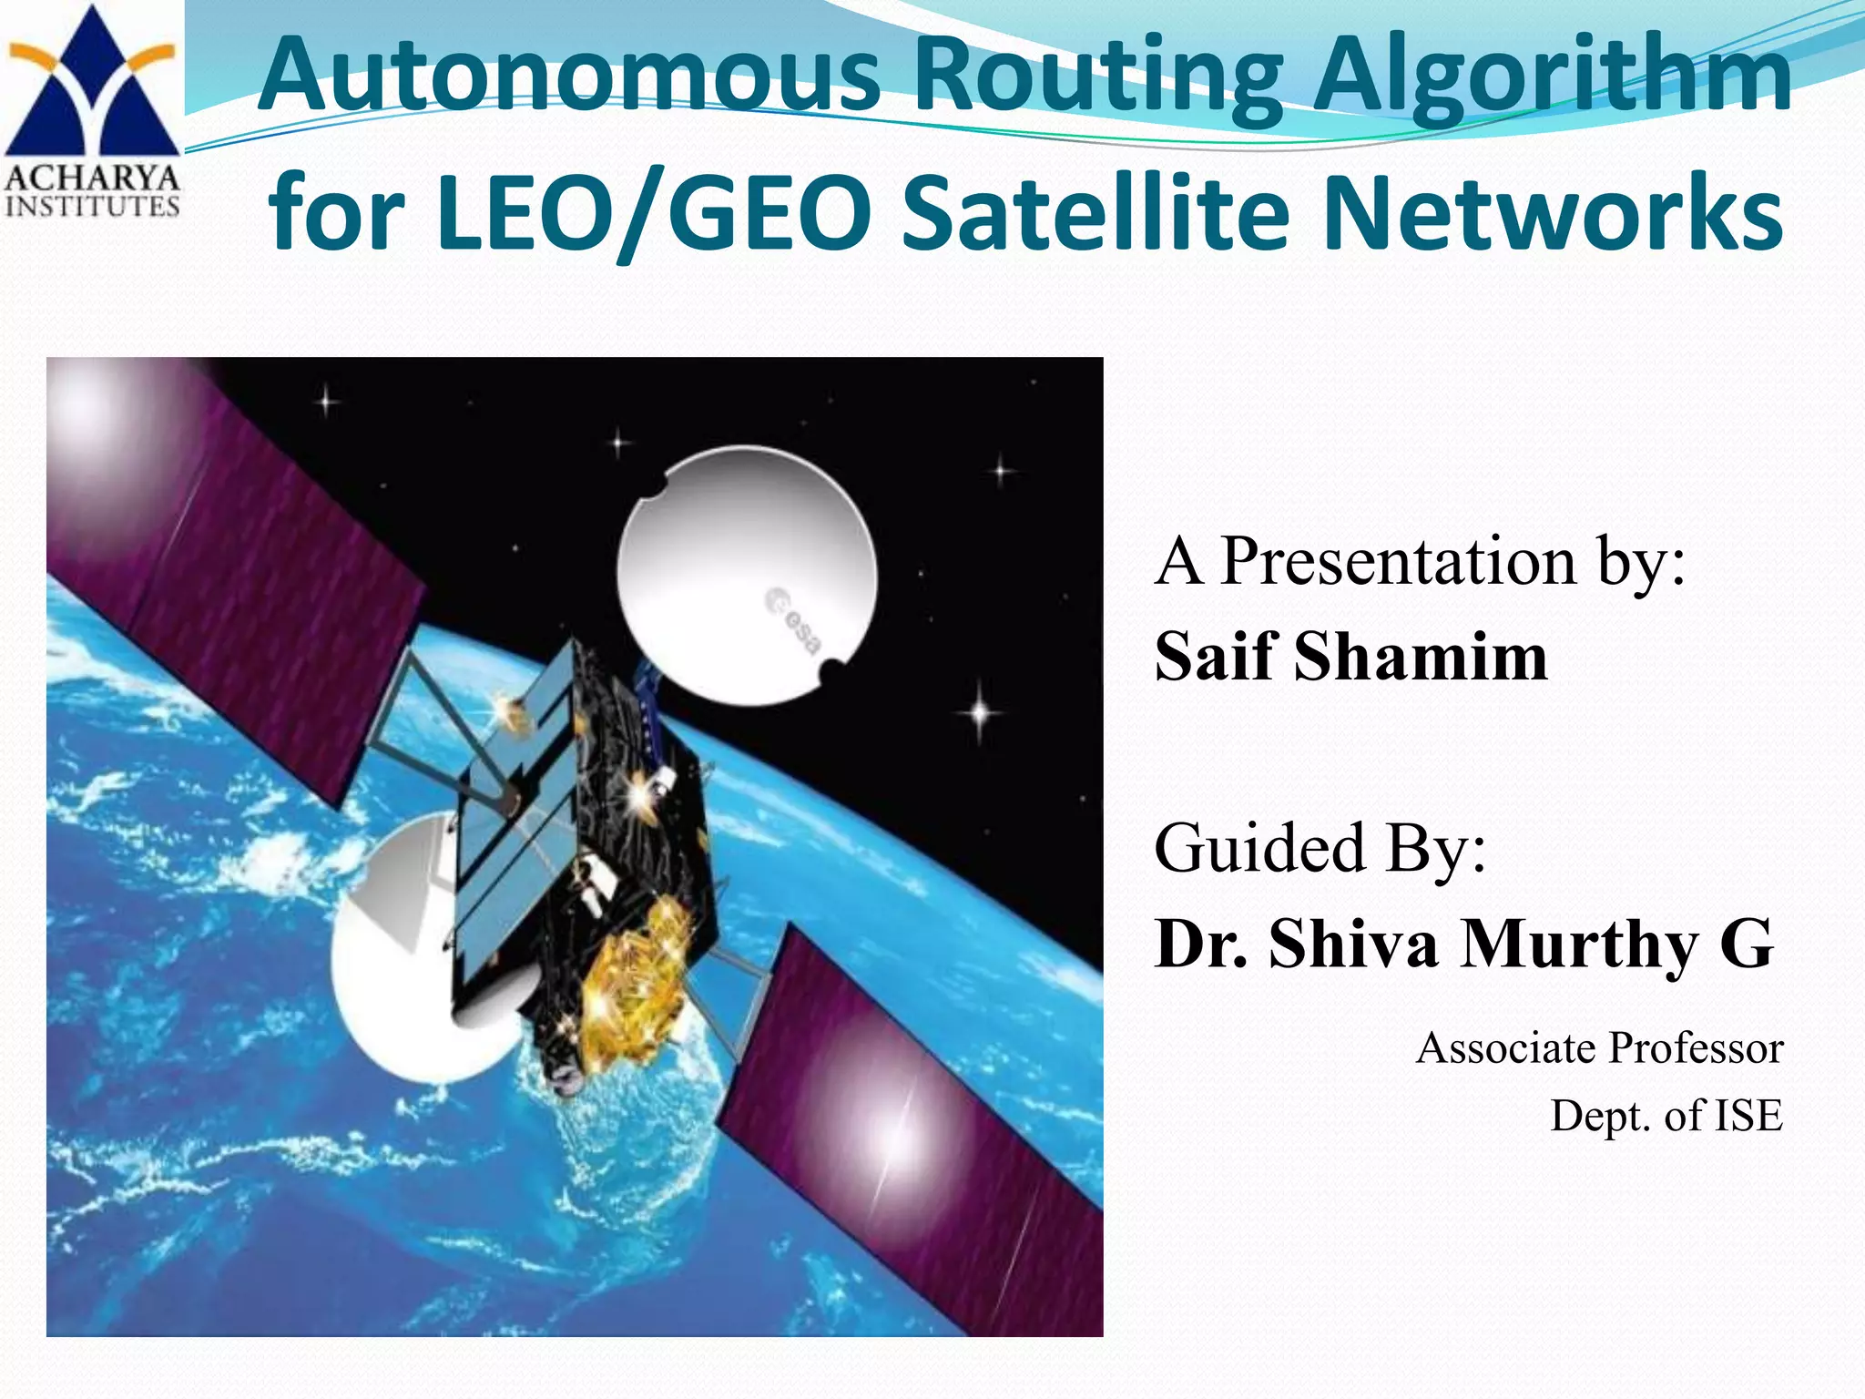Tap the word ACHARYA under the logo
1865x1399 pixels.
click(92, 178)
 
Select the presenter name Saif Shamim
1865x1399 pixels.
click(1350, 656)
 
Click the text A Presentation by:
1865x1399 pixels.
click(1421, 561)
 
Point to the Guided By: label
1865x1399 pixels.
click(1320, 848)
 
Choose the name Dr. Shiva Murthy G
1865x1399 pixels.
click(1463, 944)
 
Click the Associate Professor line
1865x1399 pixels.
click(1599, 1047)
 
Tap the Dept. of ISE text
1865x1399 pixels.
click(1666, 1116)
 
